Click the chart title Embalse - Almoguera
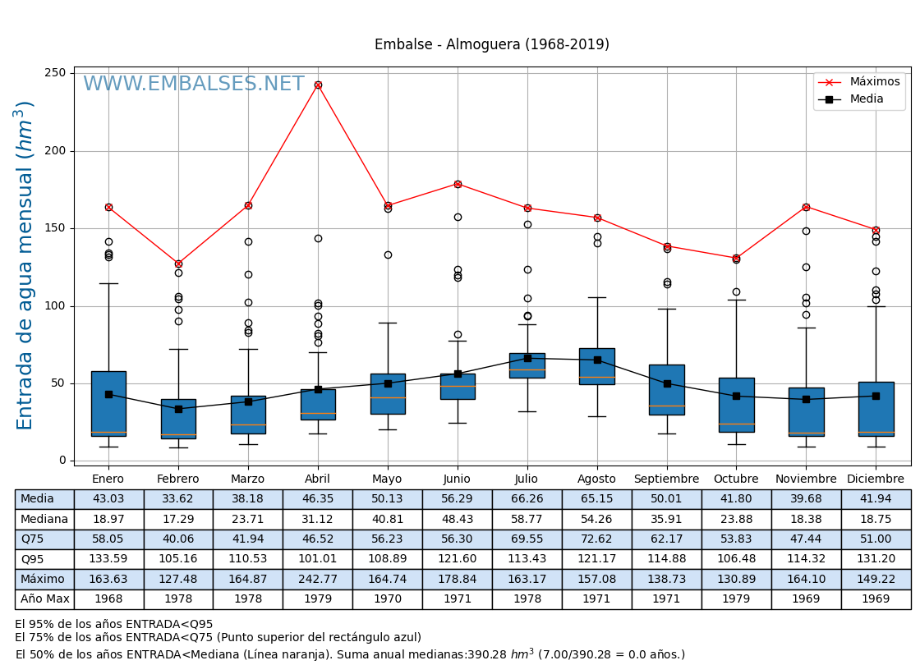pyautogui.click(x=491, y=45)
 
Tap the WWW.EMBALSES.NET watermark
pyautogui.click(x=193, y=85)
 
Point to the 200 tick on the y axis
pyautogui.click(x=55, y=151)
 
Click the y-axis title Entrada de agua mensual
pyautogui.click(x=25, y=265)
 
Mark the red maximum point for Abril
pyautogui.click(x=318, y=85)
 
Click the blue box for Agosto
pyautogui.click(x=597, y=366)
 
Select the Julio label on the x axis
pyautogui.click(x=527, y=479)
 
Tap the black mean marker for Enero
pyautogui.click(x=108, y=394)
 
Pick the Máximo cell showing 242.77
pyautogui.click(x=318, y=580)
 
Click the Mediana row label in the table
pyautogui.click(x=44, y=520)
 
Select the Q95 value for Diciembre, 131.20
pyautogui.click(x=876, y=559)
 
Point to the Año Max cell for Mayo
pyautogui.click(x=388, y=599)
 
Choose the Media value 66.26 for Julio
pyautogui.click(x=527, y=499)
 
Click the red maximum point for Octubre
pyautogui.click(x=736, y=258)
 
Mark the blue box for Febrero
pyautogui.click(x=178, y=419)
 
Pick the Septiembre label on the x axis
pyautogui.click(x=666, y=479)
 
